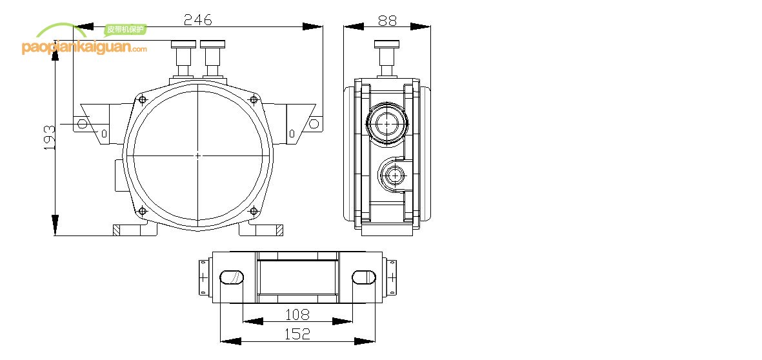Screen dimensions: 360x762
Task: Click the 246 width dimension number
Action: pos(197,19)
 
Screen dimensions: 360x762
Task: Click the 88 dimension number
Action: pos(386,20)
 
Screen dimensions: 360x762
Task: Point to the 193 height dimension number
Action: pos(49,138)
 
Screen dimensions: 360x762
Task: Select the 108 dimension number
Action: pos(297,314)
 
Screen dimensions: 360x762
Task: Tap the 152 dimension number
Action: pos(297,334)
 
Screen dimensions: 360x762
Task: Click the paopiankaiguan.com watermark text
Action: pos(84,48)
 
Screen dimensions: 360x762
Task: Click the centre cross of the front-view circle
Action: pos(197,155)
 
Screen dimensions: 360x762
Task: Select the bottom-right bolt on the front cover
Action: pos(254,211)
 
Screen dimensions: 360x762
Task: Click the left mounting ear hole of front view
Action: pos(82,123)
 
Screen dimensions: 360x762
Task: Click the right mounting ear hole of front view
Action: pos(314,123)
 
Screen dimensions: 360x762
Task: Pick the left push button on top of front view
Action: pos(183,45)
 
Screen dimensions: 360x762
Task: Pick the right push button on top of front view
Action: pos(212,45)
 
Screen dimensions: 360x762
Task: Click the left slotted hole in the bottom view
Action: pos(232,277)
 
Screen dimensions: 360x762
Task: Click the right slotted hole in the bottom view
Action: pos(363,277)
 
